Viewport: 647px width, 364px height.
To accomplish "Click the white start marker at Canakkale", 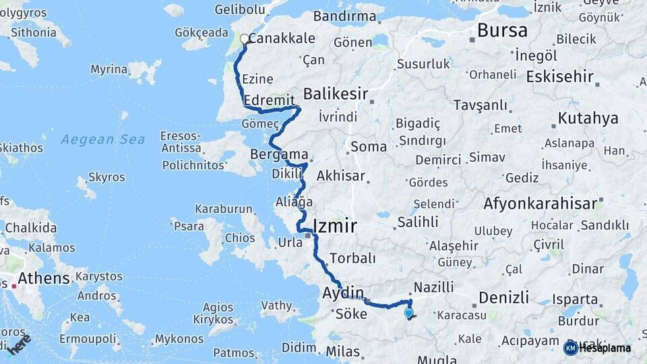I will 245,39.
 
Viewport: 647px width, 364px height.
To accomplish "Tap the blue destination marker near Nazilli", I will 408,313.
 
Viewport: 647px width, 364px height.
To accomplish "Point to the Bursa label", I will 502,30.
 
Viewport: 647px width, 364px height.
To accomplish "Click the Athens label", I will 44,278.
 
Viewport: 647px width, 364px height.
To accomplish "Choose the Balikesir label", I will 336,93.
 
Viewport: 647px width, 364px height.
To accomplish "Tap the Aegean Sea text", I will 102,140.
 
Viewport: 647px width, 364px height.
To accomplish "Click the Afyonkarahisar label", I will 540,203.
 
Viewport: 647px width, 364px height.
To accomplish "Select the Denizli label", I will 503,297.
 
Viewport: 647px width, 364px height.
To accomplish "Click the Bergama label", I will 279,154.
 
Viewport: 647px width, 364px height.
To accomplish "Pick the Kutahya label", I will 588,119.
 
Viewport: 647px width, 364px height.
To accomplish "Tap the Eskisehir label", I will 559,76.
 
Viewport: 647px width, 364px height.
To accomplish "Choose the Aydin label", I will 343,293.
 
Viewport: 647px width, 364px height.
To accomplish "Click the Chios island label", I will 240,237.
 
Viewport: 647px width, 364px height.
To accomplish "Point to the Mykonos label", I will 179,339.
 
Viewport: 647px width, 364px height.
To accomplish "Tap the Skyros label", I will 106,177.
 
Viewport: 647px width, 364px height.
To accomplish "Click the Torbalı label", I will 352,258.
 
